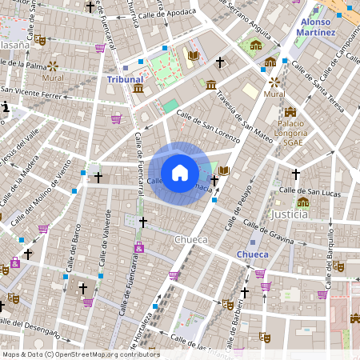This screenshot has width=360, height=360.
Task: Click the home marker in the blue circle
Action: point(180,172)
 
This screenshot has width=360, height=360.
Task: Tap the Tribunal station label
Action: point(125,79)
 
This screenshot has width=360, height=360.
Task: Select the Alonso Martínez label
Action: point(316,27)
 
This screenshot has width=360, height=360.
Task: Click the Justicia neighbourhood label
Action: point(290,214)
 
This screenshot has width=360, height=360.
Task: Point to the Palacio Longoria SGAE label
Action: point(290,133)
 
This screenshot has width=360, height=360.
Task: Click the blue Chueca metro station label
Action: point(252,254)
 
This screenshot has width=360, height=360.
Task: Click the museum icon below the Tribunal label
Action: point(138,90)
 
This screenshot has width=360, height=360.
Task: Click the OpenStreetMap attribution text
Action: point(80,354)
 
